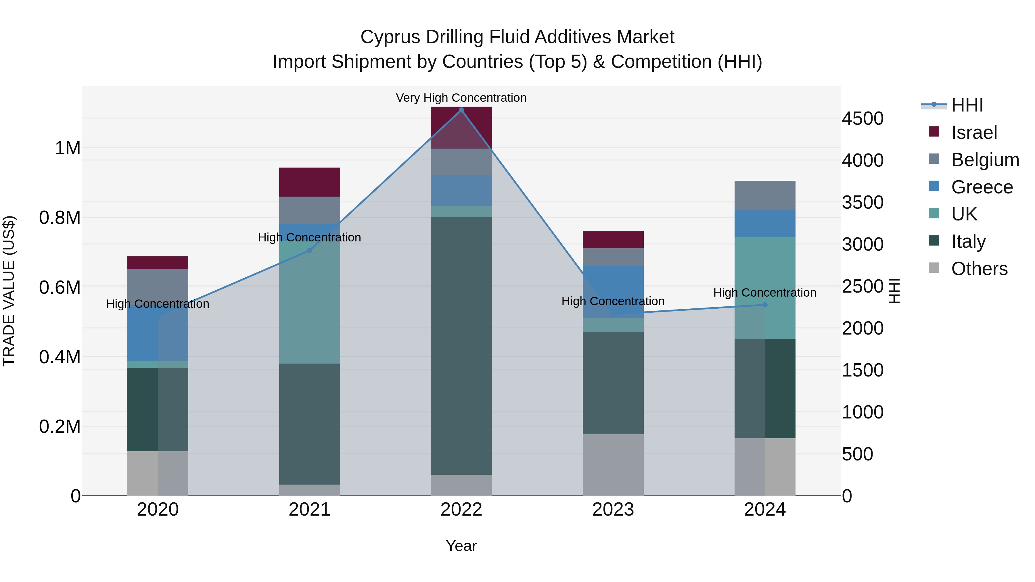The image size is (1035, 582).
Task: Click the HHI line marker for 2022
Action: [x=461, y=110]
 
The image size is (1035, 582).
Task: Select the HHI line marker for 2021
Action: [x=309, y=250]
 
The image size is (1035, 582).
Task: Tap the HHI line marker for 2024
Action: [x=764, y=305]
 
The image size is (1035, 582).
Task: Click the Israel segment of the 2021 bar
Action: [x=309, y=182]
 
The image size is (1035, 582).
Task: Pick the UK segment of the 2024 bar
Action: [x=764, y=288]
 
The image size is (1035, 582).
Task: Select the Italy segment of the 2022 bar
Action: [x=461, y=346]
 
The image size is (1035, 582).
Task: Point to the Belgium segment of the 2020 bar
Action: [x=158, y=286]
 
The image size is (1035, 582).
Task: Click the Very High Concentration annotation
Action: [x=461, y=98]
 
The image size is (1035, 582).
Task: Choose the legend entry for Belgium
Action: [x=985, y=160]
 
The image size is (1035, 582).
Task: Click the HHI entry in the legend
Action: [x=967, y=105]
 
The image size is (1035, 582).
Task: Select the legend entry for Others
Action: [x=979, y=269]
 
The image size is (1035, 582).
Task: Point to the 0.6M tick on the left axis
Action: [x=60, y=288]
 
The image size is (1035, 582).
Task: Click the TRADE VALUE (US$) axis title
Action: [x=9, y=291]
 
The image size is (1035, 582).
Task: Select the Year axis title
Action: [x=461, y=546]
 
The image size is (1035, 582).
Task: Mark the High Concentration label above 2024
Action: [x=764, y=292]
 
